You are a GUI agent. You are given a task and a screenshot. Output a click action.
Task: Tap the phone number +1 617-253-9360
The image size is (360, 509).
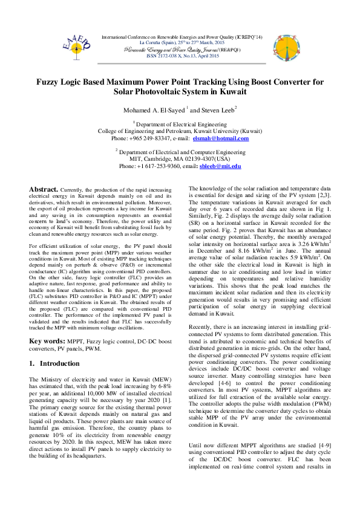point(160,166)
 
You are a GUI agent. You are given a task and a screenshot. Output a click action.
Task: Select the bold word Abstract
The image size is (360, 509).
point(44,189)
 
